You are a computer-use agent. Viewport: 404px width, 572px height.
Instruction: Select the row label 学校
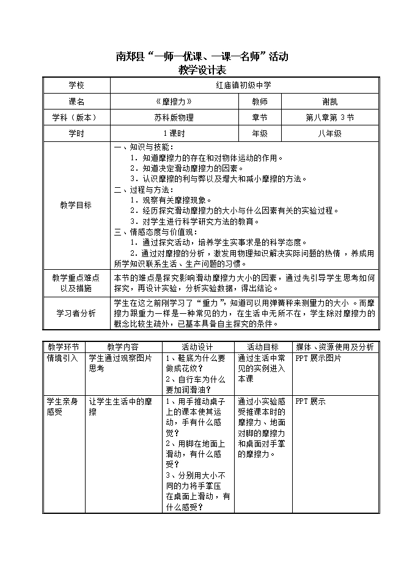(76, 86)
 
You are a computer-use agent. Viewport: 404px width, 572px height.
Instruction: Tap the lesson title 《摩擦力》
(174, 102)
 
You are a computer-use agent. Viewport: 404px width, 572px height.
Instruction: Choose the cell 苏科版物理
(174, 117)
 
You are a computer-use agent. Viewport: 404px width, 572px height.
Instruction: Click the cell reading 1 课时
(174, 133)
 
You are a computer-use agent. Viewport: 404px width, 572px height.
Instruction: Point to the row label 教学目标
(76, 206)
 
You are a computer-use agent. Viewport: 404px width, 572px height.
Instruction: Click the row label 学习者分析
(76, 313)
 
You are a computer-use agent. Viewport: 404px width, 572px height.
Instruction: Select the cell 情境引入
(62, 358)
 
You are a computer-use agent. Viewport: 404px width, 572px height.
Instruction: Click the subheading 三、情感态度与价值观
(153, 232)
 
